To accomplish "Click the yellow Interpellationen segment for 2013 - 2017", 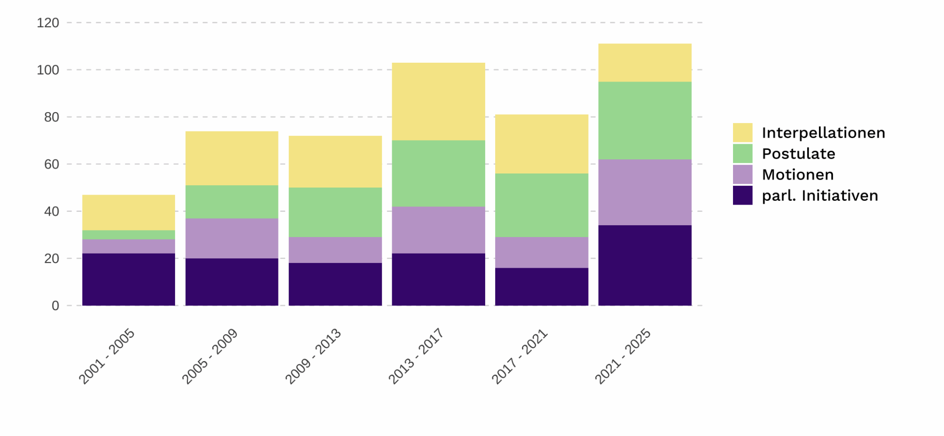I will coord(438,101).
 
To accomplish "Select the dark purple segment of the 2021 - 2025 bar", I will coord(645,265).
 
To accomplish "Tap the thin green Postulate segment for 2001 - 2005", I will coord(128,235).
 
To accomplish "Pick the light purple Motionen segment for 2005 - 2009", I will coord(232,238).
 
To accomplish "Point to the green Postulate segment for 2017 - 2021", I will coord(541,205).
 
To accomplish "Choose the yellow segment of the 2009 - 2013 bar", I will coord(335,162).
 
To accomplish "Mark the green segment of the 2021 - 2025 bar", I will coord(645,121).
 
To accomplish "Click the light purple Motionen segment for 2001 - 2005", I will coord(128,246).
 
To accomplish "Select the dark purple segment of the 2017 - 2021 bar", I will coord(541,287).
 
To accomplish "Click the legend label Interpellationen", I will coord(823,133).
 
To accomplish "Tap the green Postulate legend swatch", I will coord(742,154).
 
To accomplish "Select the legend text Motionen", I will coord(798,175).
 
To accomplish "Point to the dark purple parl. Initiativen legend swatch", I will coord(742,196).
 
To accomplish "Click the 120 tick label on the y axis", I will coord(48,23).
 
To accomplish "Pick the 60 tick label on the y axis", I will coord(51,164).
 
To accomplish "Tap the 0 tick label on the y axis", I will coord(55,306).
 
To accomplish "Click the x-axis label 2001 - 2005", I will coord(107,356).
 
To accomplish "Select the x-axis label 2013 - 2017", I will coord(416,356).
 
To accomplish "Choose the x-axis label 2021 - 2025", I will coord(623,356).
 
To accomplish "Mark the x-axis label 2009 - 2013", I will coord(313,356).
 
